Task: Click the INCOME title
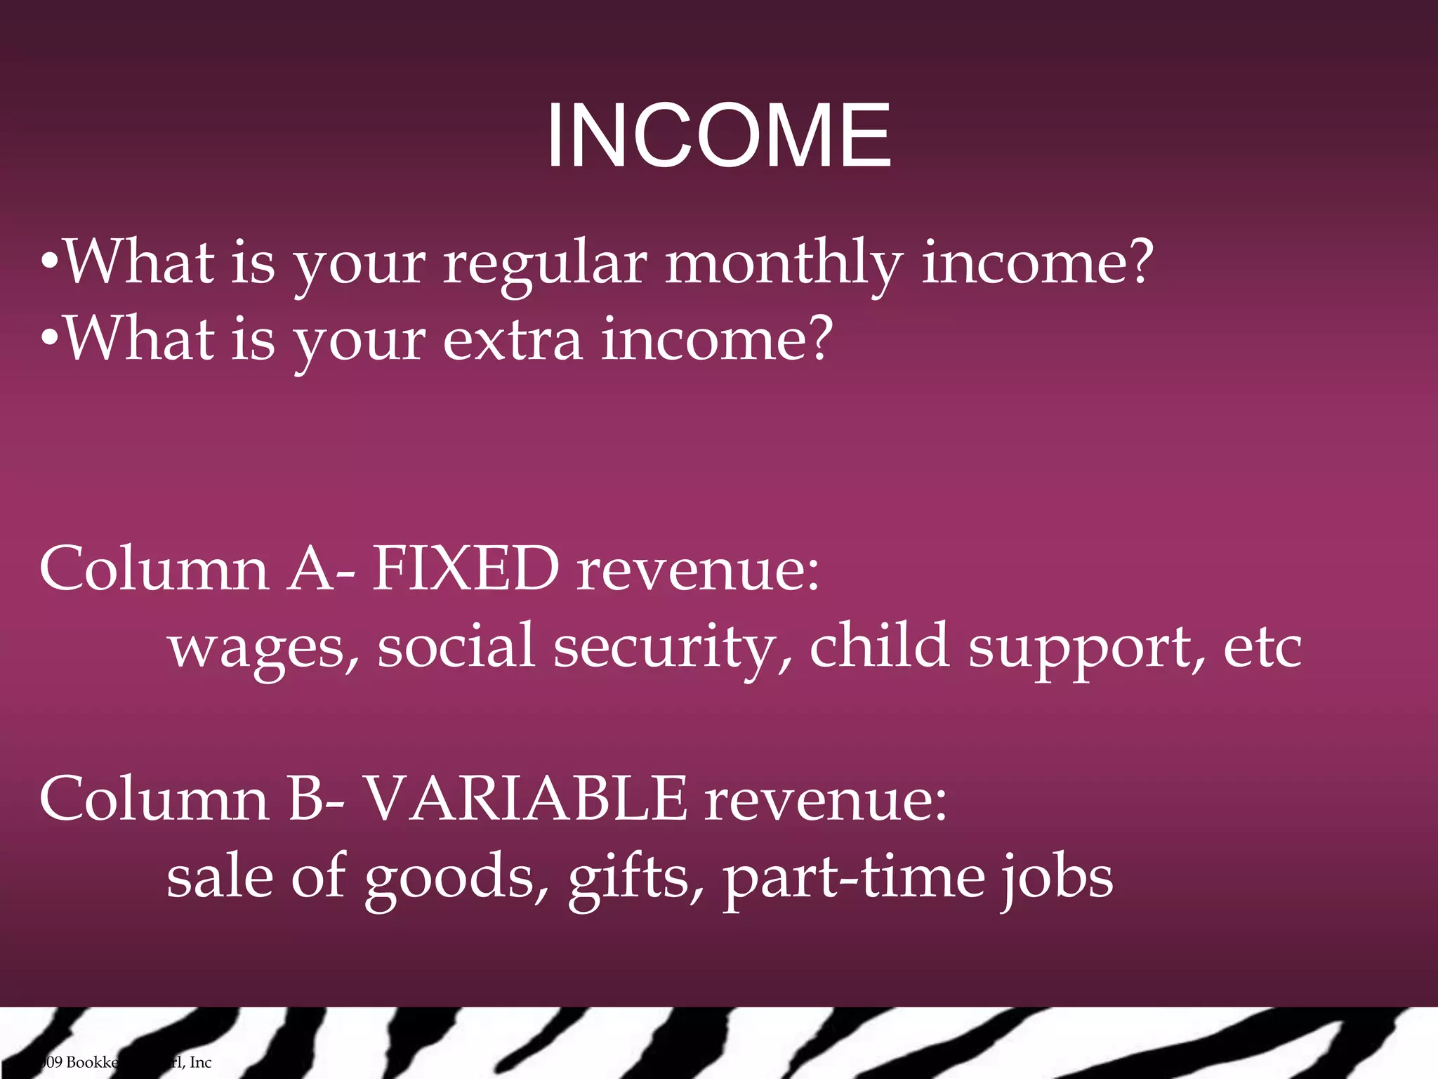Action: [x=718, y=136]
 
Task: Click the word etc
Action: [x=1262, y=648]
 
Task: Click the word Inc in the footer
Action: [x=200, y=1062]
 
